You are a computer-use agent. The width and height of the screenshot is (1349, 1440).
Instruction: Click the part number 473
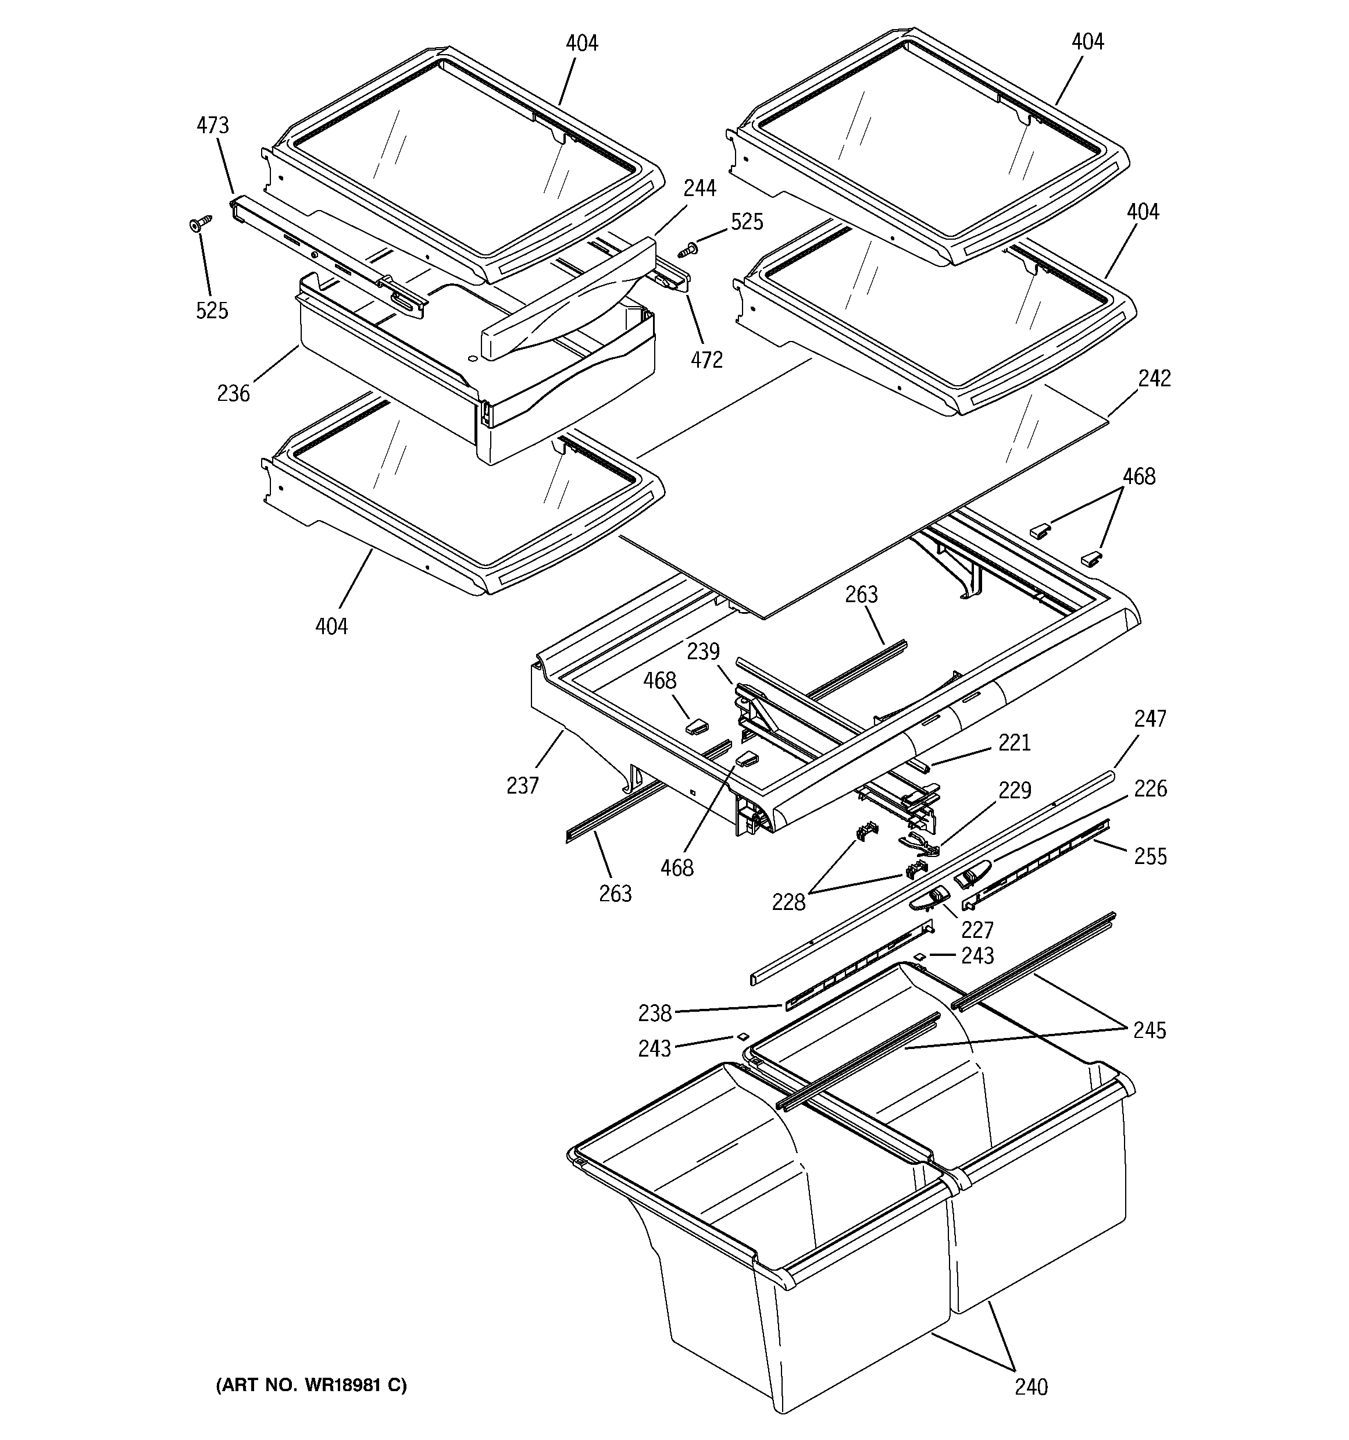(x=212, y=126)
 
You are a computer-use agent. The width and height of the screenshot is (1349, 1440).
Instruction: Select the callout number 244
(x=700, y=189)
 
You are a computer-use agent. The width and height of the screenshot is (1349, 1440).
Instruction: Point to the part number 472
(x=706, y=360)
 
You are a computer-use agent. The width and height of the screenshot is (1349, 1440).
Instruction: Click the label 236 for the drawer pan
(x=233, y=393)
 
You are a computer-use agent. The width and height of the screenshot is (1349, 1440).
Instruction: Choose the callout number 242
(x=1154, y=378)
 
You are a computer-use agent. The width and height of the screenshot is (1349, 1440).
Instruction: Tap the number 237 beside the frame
(x=522, y=785)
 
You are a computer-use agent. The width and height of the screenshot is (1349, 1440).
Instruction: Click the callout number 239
(x=703, y=651)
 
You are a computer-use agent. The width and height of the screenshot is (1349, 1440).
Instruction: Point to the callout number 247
(x=1150, y=719)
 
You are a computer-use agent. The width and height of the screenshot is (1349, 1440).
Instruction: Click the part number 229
(x=1015, y=790)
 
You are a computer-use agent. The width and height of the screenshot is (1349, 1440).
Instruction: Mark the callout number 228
(x=788, y=902)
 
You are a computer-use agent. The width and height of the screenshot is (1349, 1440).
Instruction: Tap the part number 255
(x=1151, y=856)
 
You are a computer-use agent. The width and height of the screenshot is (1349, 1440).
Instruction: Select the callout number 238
(x=655, y=1014)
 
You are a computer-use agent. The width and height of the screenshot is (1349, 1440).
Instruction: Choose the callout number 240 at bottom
(x=1030, y=1386)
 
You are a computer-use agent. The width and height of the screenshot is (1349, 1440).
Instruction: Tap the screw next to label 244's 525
(x=688, y=251)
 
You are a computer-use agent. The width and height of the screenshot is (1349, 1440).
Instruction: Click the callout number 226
(x=1151, y=788)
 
